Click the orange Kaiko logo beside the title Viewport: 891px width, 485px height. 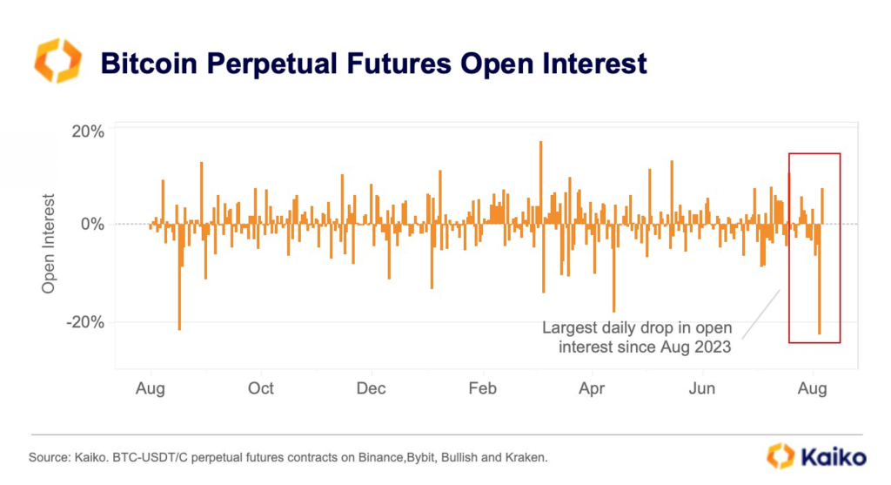57,61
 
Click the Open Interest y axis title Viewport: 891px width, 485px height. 49,243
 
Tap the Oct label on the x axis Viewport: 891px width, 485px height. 260,388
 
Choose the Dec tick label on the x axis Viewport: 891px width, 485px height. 372,388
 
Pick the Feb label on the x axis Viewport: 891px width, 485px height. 482,388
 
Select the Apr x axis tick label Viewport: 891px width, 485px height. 592,388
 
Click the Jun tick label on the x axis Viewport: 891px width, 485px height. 702,388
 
